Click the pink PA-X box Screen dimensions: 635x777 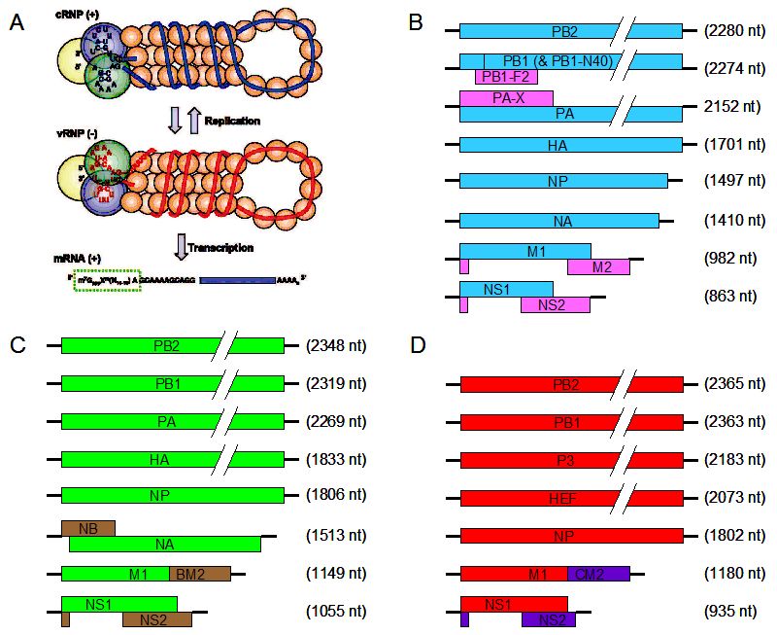(506, 97)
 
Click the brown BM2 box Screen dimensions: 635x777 (199, 573)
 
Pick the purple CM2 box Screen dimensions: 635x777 (598, 573)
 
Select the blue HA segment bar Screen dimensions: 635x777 (570, 144)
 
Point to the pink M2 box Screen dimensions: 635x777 (598, 266)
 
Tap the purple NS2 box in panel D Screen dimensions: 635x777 (548, 619)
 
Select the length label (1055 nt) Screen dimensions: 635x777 (335, 611)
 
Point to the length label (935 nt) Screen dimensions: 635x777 (730, 611)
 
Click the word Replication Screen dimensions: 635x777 (232, 120)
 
